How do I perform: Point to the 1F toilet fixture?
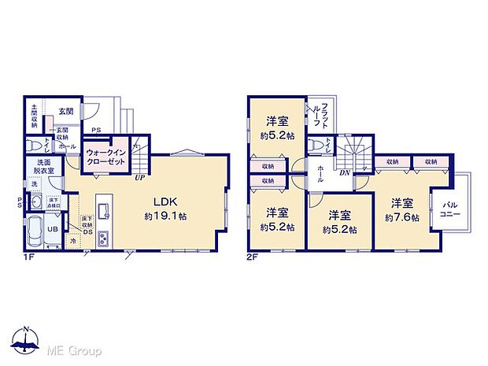tap(34, 146)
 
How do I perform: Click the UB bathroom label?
tap(52, 228)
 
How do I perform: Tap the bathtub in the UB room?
tap(36, 231)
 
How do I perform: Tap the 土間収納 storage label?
tap(35, 116)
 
